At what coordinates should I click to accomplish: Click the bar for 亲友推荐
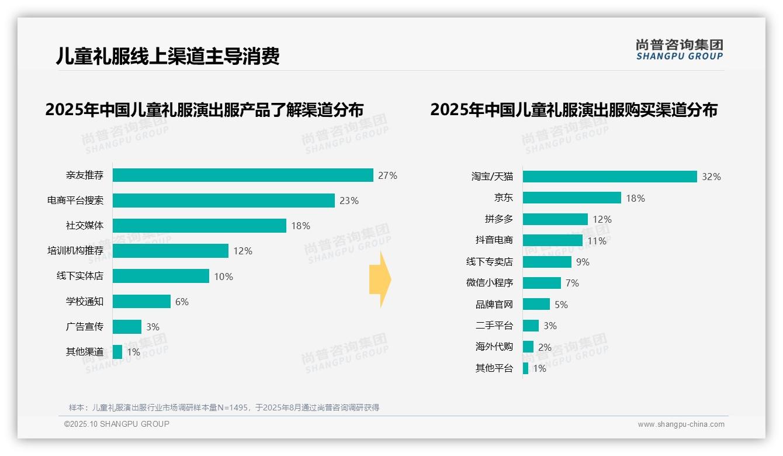pos(242,175)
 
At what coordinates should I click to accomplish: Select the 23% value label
pos(349,201)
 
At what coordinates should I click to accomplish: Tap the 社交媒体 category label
pos(85,226)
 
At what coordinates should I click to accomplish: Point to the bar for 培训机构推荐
pos(170,251)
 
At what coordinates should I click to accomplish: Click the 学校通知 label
pos(85,302)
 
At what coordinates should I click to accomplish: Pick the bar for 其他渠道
pos(117,352)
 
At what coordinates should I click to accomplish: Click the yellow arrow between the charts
pos(380,279)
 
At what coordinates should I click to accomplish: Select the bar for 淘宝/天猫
pos(609,177)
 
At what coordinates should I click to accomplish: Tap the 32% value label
pos(711,177)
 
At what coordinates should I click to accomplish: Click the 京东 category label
pos(503,198)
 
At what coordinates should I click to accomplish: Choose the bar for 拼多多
pos(555,219)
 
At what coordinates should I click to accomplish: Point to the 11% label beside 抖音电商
pos(597,241)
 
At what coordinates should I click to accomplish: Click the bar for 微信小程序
pos(542,283)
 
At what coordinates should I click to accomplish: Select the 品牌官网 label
pos(494,305)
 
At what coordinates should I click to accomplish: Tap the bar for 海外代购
pos(528,347)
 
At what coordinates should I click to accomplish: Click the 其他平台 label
pos(494,368)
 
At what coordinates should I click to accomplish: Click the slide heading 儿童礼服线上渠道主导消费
pos(168,56)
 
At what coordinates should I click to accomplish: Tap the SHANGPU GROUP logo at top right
pos(679,49)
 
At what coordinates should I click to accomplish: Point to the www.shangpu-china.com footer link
pos(681,424)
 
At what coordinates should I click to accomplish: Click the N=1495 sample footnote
pos(224,407)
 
